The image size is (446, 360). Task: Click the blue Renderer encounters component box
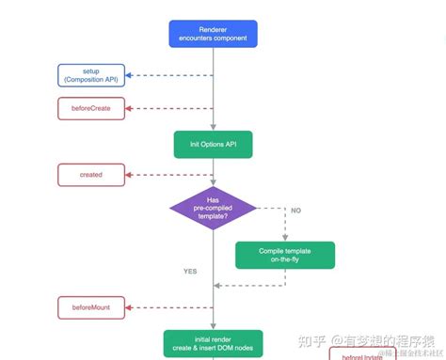(x=214, y=35)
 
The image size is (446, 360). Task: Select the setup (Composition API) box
(x=90, y=75)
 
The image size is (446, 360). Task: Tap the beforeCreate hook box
(x=90, y=109)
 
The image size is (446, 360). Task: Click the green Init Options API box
(x=214, y=144)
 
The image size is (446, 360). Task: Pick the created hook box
(x=90, y=175)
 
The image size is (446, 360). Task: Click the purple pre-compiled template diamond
(x=214, y=208)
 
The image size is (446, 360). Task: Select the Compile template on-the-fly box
(x=285, y=254)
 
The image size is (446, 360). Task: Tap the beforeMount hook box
(x=90, y=306)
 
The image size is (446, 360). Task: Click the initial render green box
(x=214, y=342)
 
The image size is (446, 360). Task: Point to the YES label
(x=191, y=272)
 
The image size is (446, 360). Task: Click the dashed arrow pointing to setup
(x=169, y=75)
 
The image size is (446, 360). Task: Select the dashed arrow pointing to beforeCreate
(x=169, y=109)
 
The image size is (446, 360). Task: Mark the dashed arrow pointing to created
(x=169, y=175)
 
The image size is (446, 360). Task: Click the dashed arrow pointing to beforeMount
(x=169, y=306)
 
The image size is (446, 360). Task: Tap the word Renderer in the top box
(x=214, y=28)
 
